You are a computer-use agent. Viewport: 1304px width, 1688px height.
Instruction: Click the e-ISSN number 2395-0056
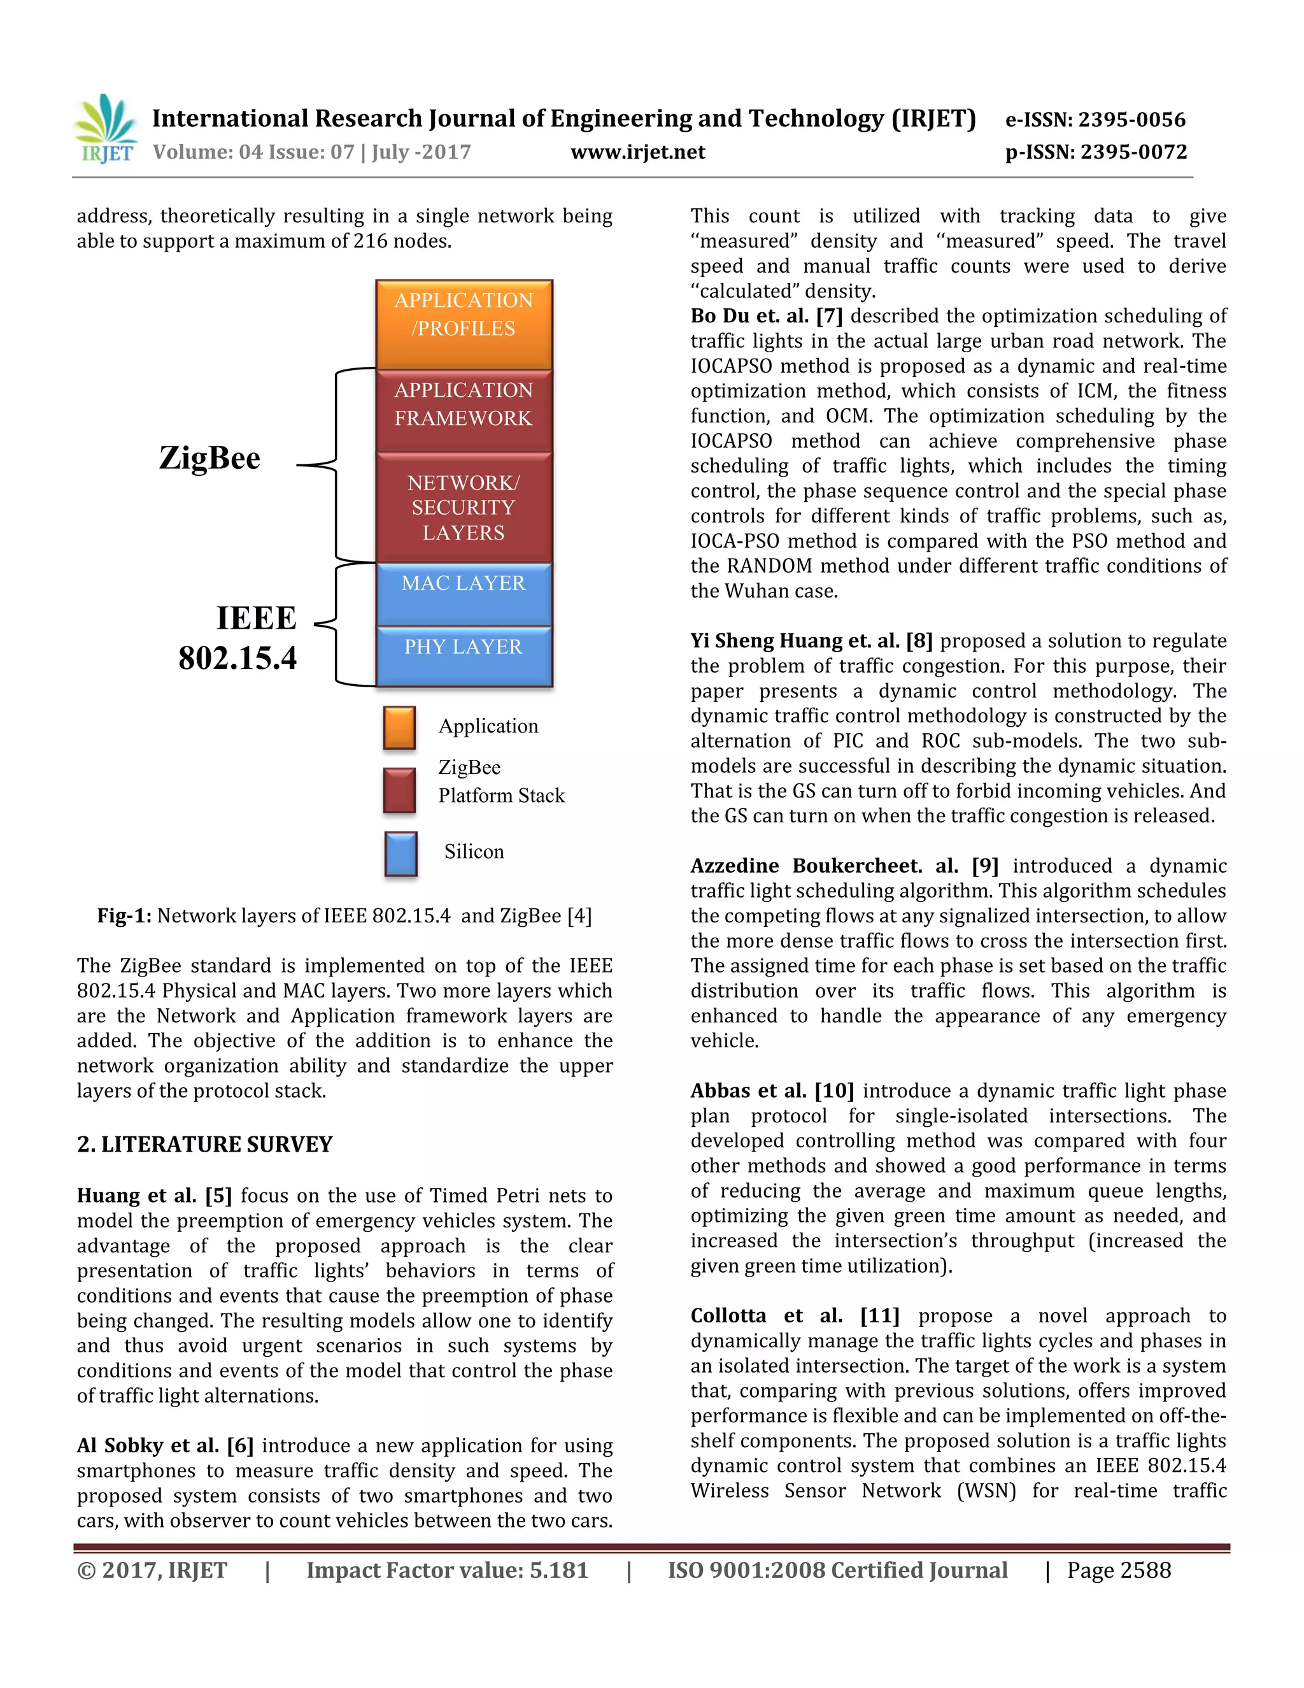tap(1095, 120)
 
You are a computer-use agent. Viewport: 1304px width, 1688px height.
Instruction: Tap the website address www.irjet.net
tap(637, 152)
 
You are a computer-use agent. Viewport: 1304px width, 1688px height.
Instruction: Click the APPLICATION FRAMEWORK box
tap(464, 410)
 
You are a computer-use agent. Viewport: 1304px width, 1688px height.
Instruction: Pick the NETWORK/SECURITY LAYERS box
tap(464, 508)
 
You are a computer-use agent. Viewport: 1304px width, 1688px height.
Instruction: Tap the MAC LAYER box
tap(464, 594)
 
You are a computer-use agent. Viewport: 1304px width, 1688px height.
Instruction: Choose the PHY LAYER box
tap(464, 655)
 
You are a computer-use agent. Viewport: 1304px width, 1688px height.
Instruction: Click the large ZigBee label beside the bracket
tap(209, 459)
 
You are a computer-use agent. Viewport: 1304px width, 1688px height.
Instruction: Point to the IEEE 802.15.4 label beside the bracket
tap(238, 638)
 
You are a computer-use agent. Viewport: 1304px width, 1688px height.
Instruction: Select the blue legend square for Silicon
tap(401, 854)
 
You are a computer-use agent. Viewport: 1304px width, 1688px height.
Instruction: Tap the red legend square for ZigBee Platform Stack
tap(399, 790)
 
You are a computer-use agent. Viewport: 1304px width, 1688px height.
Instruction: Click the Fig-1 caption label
tap(125, 916)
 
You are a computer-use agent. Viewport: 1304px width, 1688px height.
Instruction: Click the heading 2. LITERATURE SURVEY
tap(205, 1144)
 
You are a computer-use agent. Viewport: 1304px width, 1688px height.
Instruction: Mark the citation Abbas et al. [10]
tap(772, 1091)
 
